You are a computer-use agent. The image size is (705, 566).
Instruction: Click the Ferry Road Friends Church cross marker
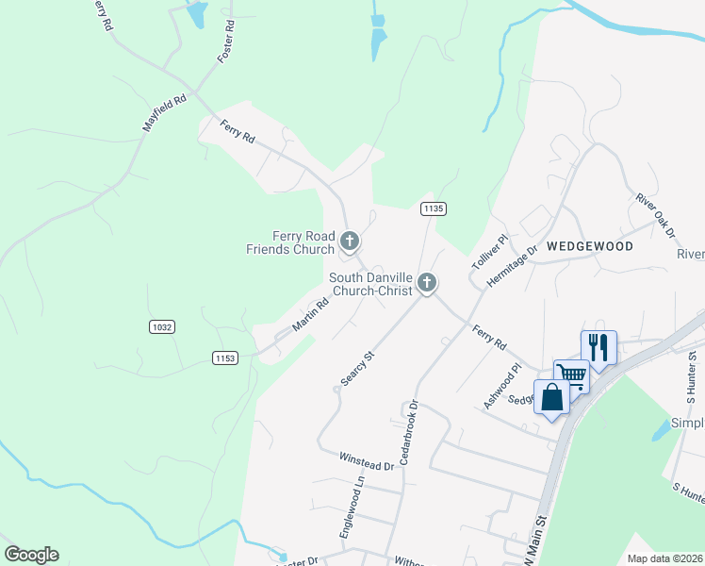tap(350, 242)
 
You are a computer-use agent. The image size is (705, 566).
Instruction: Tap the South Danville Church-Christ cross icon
tap(427, 282)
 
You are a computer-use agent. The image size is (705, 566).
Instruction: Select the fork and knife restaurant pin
tap(598, 346)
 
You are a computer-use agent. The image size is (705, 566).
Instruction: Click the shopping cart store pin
tap(570, 375)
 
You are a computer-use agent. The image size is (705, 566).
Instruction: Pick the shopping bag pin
tap(551, 396)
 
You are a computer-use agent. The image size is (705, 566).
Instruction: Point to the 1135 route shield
tap(433, 208)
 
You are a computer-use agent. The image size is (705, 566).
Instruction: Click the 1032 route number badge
tap(162, 326)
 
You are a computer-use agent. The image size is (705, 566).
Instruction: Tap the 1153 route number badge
tap(225, 358)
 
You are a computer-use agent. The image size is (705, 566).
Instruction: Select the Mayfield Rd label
tap(164, 112)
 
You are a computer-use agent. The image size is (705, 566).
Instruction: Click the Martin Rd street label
tap(309, 315)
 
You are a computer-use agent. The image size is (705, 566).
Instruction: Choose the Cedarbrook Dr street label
tap(408, 433)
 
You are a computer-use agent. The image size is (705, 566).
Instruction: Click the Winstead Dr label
tap(366, 460)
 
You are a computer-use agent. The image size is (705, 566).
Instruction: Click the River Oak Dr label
tap(656, 214)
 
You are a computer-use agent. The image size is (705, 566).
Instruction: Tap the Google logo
tap(31, 555)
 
